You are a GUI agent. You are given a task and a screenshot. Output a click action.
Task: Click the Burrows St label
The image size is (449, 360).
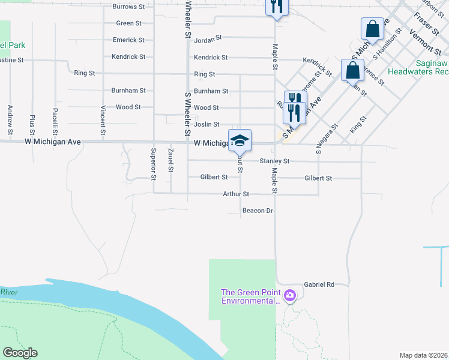(x=129, y=7)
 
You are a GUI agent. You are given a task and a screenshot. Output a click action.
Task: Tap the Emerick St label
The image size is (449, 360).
(x=128, y=40)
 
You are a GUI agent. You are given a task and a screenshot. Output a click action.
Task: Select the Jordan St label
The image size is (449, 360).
(x=208, y=37)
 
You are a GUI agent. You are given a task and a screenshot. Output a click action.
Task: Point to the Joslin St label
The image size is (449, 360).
(x=206, y=124)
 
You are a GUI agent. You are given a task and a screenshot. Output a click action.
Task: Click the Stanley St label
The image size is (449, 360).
(x=274, y=161)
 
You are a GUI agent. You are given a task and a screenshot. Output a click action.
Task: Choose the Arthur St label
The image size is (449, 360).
(x=235, y=194)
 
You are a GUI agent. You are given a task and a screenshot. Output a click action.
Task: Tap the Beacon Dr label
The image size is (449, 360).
(x=258, y=211)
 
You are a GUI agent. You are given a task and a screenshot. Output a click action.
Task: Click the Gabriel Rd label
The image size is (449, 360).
(x=318, y=284)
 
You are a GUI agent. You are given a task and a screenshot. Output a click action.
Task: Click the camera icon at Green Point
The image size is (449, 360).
(x=290, y=295)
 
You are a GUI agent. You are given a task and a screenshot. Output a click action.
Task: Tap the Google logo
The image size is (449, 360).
(x=20, y=353)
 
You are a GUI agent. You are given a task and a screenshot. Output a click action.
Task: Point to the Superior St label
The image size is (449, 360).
(x=154, y=164)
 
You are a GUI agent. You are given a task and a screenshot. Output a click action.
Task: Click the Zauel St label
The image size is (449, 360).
(x=171, y=160)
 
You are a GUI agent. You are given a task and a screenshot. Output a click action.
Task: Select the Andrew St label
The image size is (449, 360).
(x=10, y=119)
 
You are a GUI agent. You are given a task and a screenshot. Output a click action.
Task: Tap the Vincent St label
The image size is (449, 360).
(x=103, y=119)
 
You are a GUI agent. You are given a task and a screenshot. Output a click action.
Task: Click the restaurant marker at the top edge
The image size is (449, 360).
(x=277, y=6)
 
